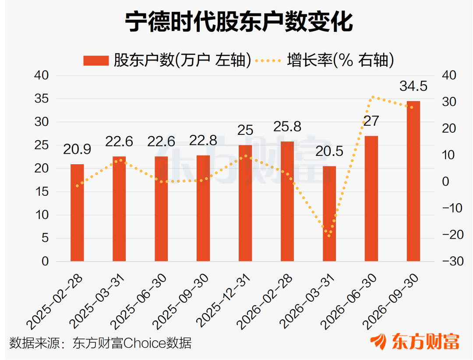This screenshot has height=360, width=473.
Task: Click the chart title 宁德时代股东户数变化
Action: pos(239,22)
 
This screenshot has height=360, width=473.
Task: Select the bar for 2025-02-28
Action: pos(77,213)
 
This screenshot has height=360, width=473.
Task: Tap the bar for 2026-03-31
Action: pos(329,214)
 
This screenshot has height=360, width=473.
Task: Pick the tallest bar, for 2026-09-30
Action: pos(413,181)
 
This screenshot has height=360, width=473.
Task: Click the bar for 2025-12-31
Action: pos(245,203)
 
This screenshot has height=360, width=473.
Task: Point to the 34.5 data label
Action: pos(413,86)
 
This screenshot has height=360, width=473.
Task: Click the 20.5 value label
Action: pos(329,151)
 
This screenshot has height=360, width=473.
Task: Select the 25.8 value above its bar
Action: pos(287,127)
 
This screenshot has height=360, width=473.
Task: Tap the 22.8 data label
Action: pos(203,141)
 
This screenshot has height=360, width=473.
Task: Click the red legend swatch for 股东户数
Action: pos(96,60)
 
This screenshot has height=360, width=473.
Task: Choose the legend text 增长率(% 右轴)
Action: pos(341,60)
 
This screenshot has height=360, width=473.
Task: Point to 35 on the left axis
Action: pos(42,99)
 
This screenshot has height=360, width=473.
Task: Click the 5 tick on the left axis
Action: pos(45,238)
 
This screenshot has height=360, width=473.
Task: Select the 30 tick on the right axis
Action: pos(449,102)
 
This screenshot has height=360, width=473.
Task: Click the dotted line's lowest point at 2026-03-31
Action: pos(329,236)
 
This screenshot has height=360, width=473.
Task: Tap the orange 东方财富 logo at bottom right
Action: pos(415,342)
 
